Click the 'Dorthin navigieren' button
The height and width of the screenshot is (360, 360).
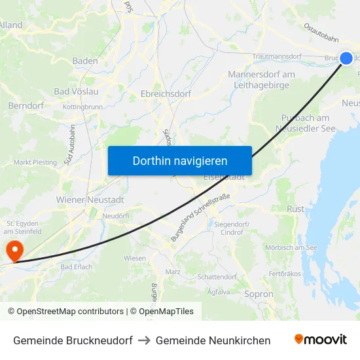(179, 160)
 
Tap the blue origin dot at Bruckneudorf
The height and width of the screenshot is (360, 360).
(346, 58)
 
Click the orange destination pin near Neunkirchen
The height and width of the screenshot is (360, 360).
(14, 250)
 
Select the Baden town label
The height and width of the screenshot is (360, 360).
(85, 61)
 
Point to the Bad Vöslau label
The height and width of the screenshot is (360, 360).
(76, 91)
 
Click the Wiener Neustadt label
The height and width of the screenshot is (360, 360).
(90, 199)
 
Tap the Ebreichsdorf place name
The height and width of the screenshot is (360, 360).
(166, 94)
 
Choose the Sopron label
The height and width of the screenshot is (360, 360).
(259, 295)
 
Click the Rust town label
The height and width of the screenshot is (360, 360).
(296, 209)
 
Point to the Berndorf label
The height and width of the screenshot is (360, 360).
(26, 105)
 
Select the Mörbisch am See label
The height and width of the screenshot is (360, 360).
(291, 247)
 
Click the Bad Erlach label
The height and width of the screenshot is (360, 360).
(77, 267)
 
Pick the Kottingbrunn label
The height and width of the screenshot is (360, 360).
(82, 107)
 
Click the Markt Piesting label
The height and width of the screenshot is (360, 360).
(35, 162)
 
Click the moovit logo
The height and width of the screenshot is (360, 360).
(321, 340)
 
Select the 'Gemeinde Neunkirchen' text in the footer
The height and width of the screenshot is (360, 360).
(213, 340)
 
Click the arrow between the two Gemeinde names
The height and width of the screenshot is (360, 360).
(144, 340)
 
